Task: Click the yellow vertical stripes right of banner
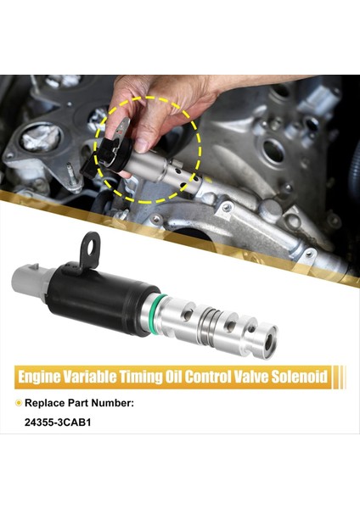[x=340, y=375]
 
